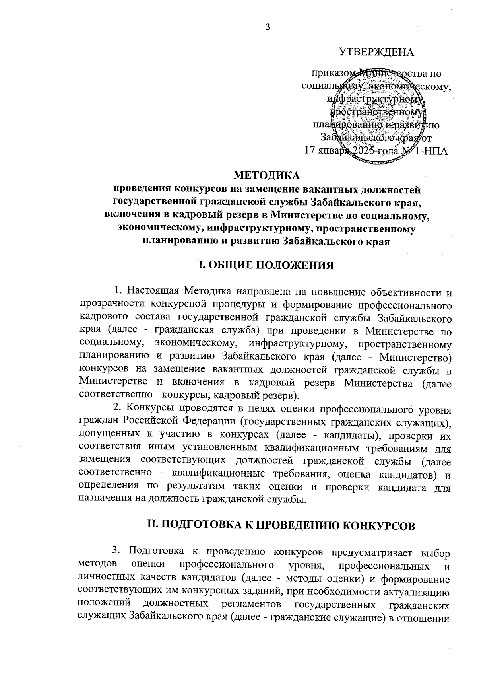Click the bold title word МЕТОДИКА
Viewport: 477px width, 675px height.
pos(267,175)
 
